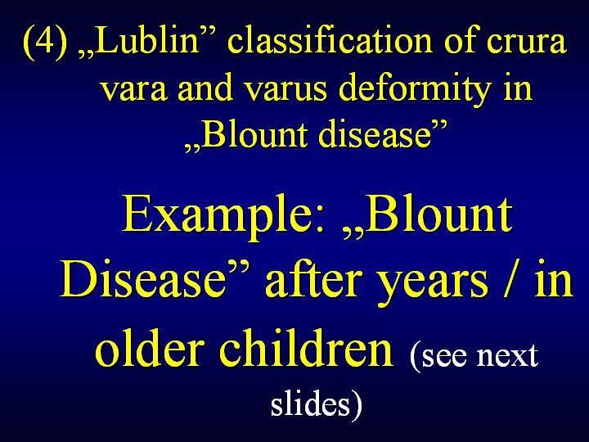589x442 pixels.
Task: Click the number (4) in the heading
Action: click(45, 42)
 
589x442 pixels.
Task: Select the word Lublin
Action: click(147, 40)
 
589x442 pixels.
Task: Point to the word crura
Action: click(526, 44)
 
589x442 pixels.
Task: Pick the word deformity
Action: click(415, 90)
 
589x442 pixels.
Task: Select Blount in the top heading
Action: click(254, 134)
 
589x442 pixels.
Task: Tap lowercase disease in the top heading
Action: click(375, 134)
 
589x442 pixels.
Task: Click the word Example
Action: click(223, 218)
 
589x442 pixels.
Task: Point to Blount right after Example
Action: click(438, 214)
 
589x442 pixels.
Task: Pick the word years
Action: click(433, 285)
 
